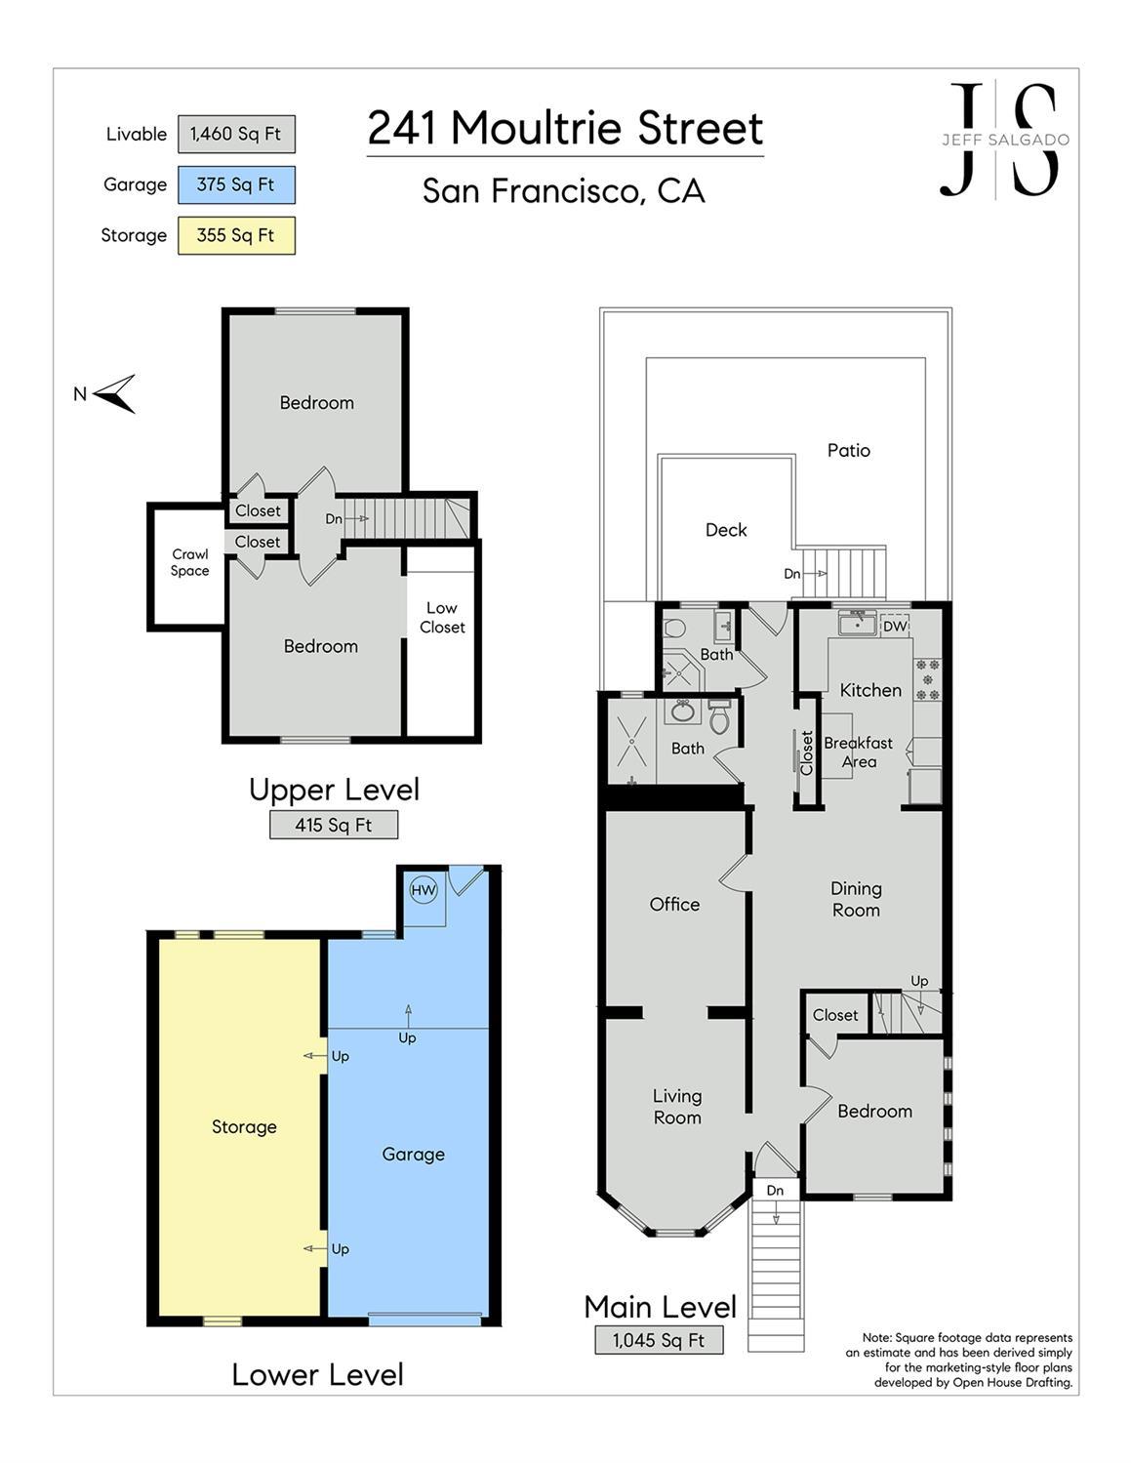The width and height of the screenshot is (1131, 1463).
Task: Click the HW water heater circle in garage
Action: coord(424,890)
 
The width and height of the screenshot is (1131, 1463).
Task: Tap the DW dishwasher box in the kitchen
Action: coord(895,627)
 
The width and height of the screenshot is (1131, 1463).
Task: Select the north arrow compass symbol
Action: coord(115,393)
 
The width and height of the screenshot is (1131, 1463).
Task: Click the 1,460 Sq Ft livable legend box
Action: coord(236,134)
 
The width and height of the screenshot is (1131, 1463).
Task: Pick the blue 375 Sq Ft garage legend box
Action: coord(236,184)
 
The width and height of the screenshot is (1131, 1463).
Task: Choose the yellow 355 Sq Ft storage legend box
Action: coord(236,235)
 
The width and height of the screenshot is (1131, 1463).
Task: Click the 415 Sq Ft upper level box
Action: coord(333,825)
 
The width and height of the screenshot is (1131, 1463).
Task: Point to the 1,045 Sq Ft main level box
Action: coord(659,1340)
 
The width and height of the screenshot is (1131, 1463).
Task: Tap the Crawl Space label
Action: coord(190,562)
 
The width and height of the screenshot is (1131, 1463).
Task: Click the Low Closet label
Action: coord(442,618)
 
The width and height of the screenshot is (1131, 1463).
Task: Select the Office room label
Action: coord(674,904)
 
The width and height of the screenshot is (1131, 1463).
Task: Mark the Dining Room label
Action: coord(856,899)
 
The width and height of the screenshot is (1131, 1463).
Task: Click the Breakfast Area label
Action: coord(859,752)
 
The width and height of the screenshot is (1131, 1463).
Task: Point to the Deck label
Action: coord(726,530)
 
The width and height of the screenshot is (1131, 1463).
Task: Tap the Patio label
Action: coord(848,450)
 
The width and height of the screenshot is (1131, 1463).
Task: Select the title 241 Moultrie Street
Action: coord(566,128)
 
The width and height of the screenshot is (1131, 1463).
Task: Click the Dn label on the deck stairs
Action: coord(791,574)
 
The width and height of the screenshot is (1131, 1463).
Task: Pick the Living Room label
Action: coord(677,1107)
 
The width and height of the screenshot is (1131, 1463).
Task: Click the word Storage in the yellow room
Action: coord(244,1126)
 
